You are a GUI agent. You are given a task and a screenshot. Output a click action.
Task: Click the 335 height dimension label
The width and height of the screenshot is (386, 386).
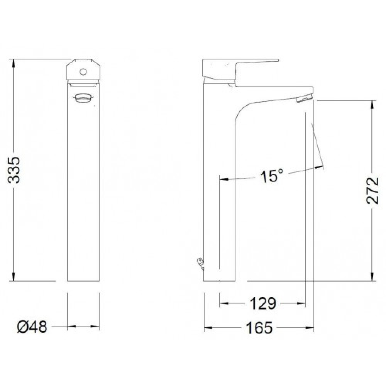[14, 169]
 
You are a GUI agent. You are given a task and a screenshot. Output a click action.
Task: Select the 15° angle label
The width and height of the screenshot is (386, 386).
[271, 176]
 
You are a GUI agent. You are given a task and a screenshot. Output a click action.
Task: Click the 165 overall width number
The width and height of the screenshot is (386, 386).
[259, 328]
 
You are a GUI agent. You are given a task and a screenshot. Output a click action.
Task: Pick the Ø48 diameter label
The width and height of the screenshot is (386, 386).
[32, 327]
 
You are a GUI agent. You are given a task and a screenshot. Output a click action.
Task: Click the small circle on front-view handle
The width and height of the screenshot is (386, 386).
[83, 72]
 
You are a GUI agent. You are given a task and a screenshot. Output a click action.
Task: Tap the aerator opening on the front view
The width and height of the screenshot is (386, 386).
[83, 98]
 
